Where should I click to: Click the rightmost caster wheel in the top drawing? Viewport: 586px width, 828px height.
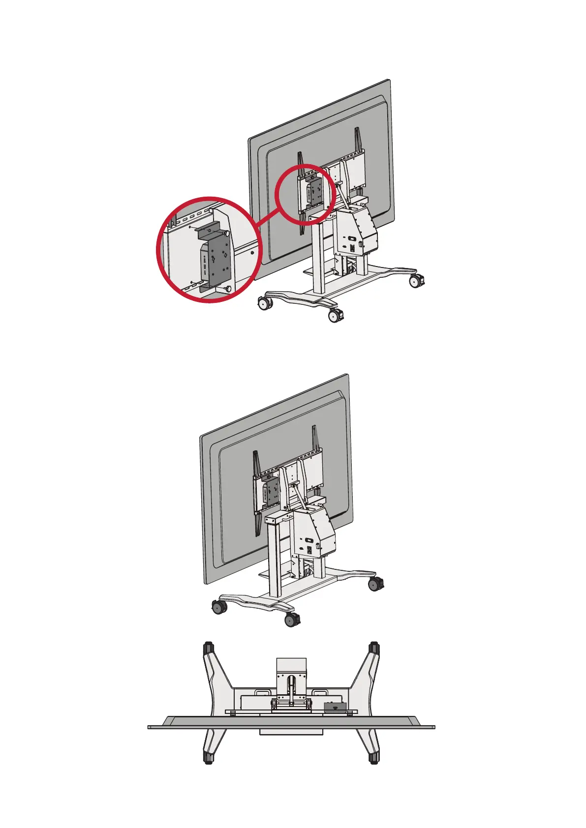(416, 281)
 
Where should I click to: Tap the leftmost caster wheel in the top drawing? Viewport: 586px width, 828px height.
(265, 303)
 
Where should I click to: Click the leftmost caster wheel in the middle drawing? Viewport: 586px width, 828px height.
(217, 607)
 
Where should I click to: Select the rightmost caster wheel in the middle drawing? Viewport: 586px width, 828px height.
(375, 584)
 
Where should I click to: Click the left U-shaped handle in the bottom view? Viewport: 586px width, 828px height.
(262, 692)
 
